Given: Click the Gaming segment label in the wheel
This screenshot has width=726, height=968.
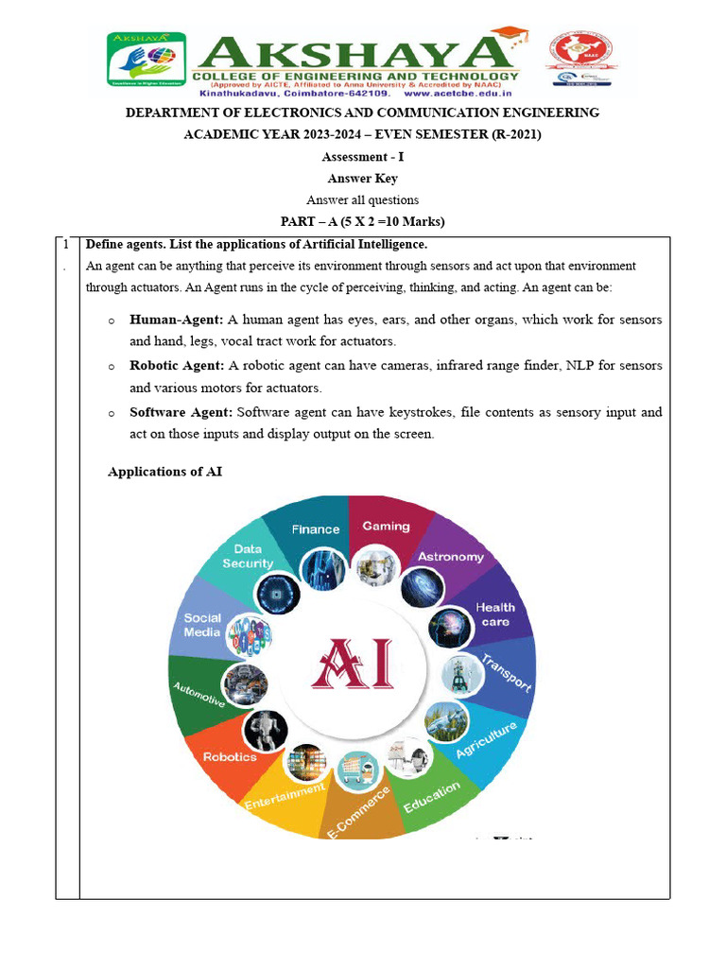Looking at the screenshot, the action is pos(386,527).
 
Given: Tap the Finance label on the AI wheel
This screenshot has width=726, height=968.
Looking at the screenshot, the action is pos(315,529).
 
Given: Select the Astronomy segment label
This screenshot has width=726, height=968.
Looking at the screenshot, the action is pos(450,557).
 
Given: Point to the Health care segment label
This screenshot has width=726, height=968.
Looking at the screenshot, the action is pos(494,614).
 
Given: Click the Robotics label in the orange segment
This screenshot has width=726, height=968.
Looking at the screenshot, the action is pos(230,756).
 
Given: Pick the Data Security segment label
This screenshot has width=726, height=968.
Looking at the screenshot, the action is pos(248,556).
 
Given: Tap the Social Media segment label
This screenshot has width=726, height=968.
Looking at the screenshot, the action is pos(202,625).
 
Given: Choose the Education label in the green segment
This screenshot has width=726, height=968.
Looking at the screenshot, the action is pos(431,796).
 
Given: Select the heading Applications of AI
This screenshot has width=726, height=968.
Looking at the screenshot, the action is pos(165,471).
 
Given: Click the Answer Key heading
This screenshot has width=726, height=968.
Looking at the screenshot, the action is pos(363,178).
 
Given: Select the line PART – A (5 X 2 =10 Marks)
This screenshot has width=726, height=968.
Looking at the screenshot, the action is pos(363,221).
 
